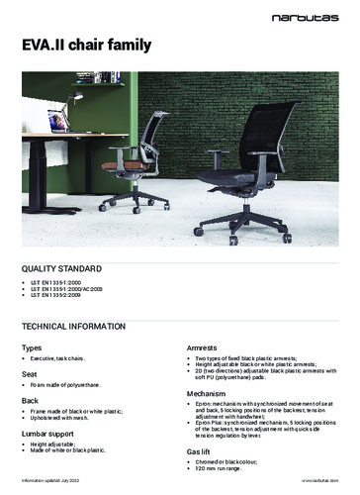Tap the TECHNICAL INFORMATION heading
tap(80, 326)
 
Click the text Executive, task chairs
tap(68, 359)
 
